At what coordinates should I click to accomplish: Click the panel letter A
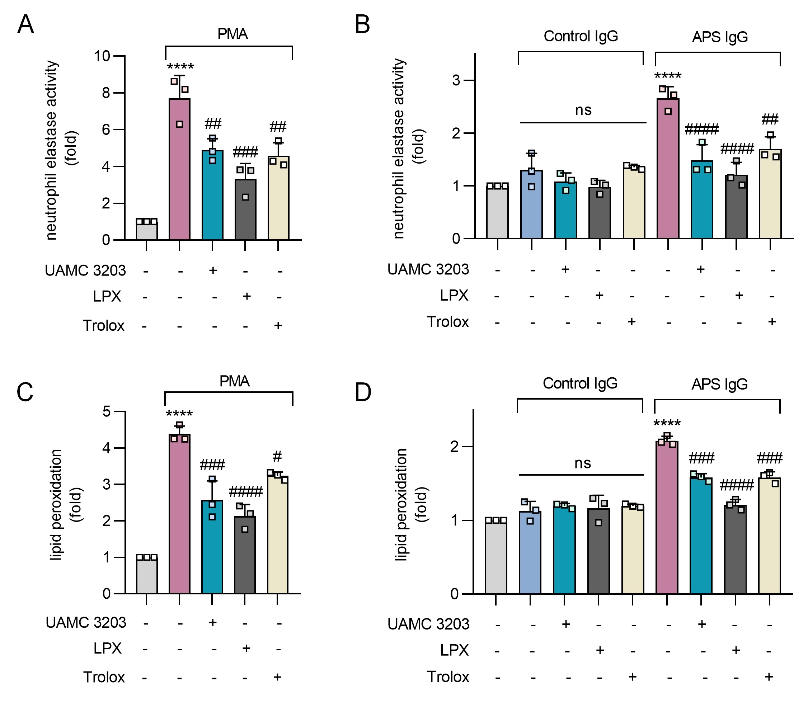(x=25, y=24)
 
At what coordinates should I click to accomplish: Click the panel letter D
(x=363, y=392)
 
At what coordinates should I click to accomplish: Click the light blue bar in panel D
(x=530, y=552)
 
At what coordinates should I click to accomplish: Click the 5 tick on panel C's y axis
(x=107, y=411)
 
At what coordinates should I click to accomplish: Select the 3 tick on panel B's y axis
(x=456, y=80)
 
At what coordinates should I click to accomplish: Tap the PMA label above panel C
(x=234, y=381)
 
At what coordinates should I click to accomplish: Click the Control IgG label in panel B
(x=581, y=36)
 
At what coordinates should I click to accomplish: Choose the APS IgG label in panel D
(x=719, y=384)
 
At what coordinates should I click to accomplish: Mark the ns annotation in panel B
(x=583, y=110)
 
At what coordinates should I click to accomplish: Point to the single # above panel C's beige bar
(x=277, y=457)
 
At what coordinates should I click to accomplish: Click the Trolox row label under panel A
(x=103, y=325)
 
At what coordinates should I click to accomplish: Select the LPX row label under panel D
(x=454, y=650)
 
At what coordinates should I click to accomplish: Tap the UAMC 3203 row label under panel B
(x=428, y=269)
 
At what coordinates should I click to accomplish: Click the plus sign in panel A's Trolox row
(x=278, y=325)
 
